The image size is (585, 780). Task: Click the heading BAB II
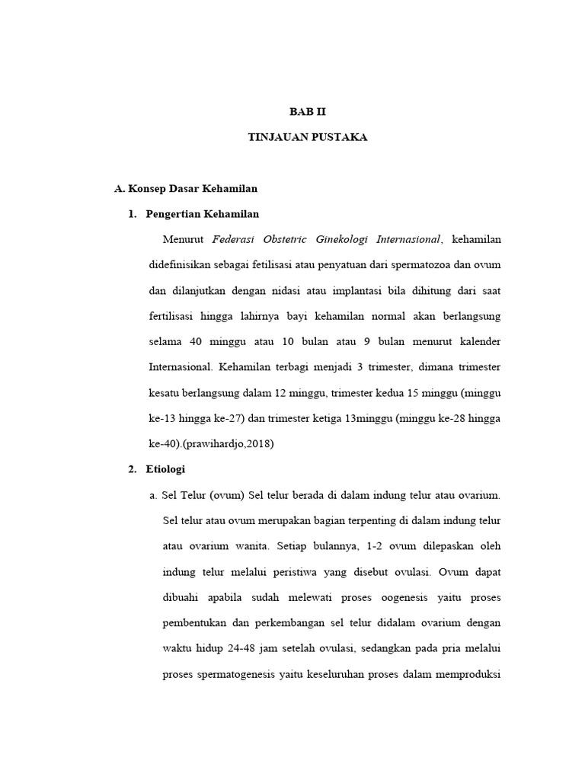[307, 111]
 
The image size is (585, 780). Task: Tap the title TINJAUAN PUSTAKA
[308, 137]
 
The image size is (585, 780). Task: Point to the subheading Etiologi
[165, 468]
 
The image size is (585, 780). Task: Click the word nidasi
[280, 290]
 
